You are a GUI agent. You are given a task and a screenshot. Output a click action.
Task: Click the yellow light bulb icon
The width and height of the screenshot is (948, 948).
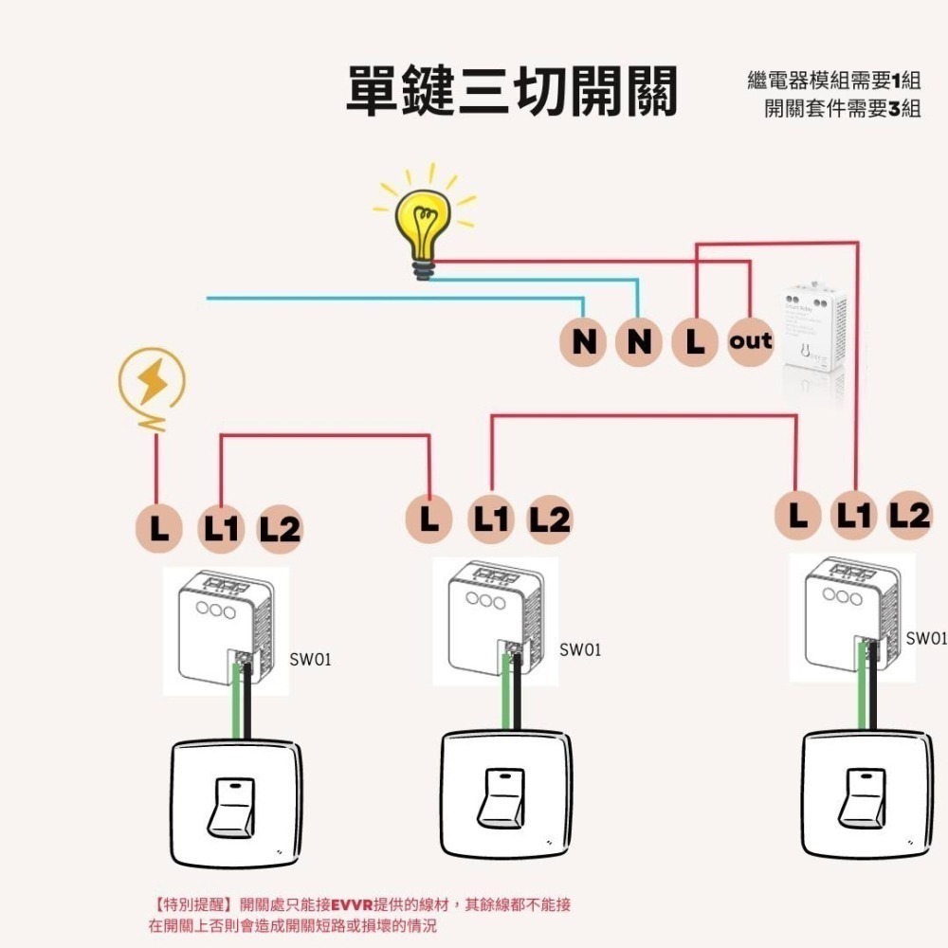click(x=423, y=224)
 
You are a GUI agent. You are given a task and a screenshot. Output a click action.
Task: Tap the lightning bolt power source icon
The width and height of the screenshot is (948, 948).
click(x=152, y=381)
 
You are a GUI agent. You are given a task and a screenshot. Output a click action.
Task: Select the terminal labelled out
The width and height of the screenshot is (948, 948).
click(x=751, y=341)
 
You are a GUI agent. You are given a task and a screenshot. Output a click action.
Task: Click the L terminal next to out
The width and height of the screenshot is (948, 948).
click(x=696, y=341)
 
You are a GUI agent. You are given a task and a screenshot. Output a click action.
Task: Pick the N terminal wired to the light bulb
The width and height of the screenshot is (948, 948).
click(x=640, y=341)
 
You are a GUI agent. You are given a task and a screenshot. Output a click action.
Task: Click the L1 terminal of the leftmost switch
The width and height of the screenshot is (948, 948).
click(x=221, y=528)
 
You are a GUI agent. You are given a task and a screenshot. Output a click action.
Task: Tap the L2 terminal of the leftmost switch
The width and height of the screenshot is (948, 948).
click(x=279, y=529)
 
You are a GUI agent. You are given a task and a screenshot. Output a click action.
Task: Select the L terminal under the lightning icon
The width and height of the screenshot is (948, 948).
click(x=158, y=528)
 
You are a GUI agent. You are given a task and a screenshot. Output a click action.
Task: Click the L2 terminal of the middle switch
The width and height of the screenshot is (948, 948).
click(x=549, y=519)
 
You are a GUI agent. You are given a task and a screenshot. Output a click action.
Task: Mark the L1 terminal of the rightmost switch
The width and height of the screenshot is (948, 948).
click(x=854, y=515)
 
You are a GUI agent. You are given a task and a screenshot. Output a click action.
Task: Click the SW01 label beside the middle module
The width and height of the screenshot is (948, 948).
click(x=579, y=650)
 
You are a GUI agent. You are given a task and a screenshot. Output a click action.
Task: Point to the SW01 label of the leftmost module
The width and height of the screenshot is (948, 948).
click(x=310, y=659)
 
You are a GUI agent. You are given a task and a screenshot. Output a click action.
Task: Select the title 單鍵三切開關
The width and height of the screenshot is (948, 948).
click(x=512, y=92)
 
